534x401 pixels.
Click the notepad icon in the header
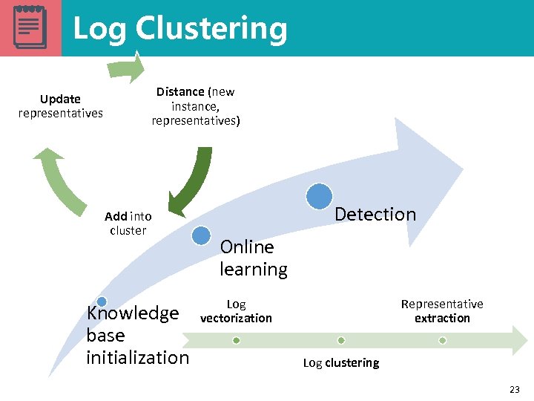tap(30, 27)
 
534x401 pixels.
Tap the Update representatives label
tap(60, 106)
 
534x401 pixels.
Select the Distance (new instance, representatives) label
tap(196, 106)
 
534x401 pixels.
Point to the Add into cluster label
tap(128, 224)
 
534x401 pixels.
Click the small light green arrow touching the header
tap(125, 68)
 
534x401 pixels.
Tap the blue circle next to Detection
tap(319, 196)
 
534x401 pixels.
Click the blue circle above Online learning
tap(201, 235)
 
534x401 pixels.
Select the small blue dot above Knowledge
tap(102, 301)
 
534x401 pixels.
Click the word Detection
tap(375, 215)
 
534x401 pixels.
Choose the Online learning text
tap(253, 258)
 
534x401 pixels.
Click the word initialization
tap(138, 358)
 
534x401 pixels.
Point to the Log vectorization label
tap(236, 311)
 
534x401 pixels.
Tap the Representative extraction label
tap(442, 311)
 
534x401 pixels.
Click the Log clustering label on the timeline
tap(341, 363)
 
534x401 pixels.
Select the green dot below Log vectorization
tap(236, 340)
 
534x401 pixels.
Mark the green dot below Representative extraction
tap(442, 340)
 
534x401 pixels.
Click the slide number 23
tap(515, 390)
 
